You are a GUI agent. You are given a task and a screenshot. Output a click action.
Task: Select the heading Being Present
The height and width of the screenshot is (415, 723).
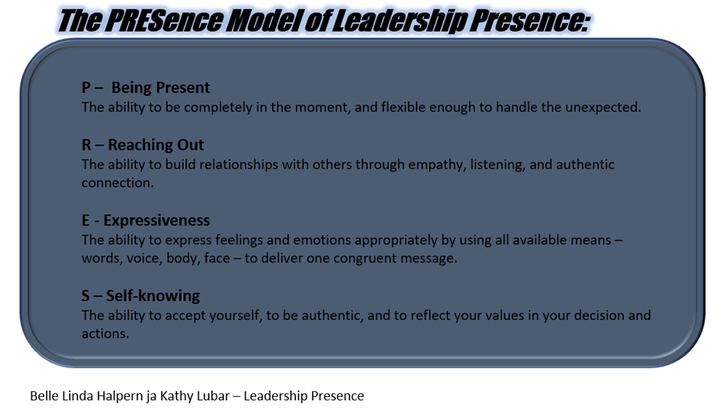tap(161, 88)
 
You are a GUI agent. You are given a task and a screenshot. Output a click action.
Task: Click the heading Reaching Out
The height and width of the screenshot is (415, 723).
tap(156, 145)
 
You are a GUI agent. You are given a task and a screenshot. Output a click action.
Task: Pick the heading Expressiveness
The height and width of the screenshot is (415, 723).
tap(156, 220)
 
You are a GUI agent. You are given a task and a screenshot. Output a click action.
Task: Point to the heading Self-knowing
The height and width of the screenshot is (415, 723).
tap(153, 295)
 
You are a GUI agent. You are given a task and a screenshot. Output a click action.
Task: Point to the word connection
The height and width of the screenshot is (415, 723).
tap(117, 182)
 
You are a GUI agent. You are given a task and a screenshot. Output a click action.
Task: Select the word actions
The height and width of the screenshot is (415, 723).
tap(105, 334)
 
